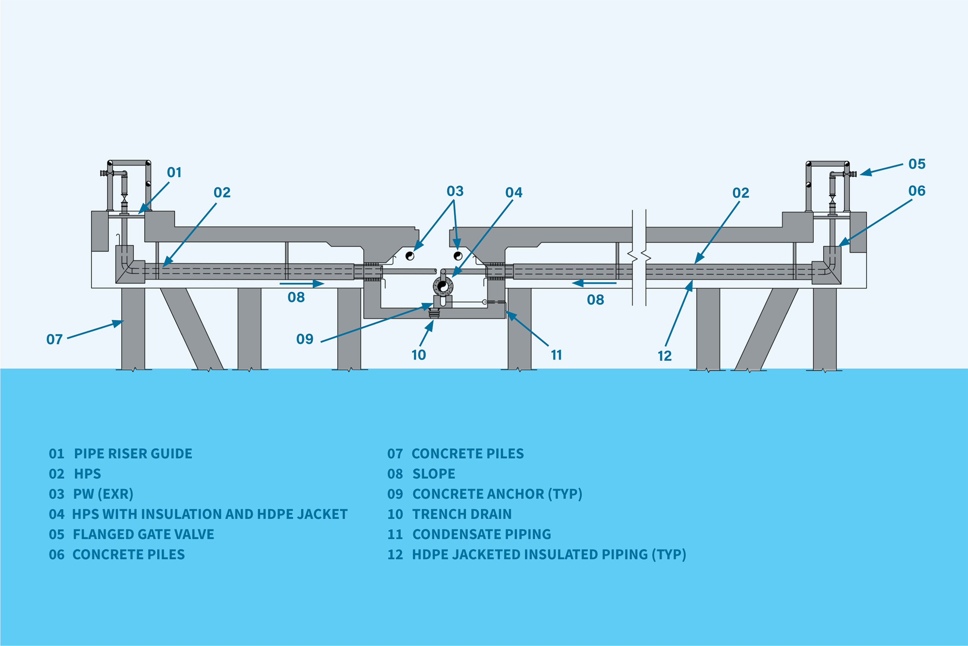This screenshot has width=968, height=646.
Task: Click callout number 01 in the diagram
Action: coord(174,173)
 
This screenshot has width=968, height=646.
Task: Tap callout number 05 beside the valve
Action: coord(917,164)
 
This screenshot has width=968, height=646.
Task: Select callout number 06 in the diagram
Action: coord(917,191)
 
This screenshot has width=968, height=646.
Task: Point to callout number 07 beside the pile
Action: coord(54,340)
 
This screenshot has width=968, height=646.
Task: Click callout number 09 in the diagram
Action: coord(305,339)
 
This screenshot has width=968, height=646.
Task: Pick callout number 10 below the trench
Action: coord(419,355)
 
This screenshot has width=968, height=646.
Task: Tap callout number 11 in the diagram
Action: coord(557,355)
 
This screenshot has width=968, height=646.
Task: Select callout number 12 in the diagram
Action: coord(664,356)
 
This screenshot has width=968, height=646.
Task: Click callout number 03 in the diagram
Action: coord(455,191)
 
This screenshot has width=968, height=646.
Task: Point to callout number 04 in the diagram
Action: coord(513,193)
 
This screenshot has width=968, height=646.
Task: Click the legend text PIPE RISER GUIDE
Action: coord(133,453)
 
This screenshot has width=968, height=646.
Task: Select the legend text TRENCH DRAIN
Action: coord(462,514)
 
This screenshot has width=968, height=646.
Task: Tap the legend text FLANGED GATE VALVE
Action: coord(143,534)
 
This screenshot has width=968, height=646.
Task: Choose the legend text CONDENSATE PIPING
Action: coord(482,534)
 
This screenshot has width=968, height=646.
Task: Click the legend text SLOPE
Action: coord(434,474)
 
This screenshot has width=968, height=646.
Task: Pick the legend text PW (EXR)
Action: coord(103,494)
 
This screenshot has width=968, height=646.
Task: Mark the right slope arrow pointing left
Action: coord(594,283)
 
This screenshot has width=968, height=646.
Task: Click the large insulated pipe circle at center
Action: coord(443,285)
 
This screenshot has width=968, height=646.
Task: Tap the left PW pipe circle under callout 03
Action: coord(410,256)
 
